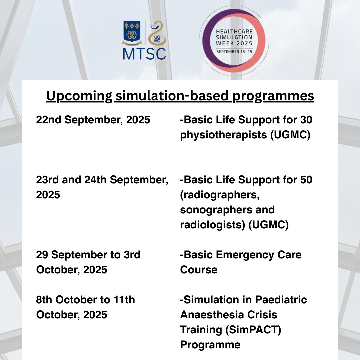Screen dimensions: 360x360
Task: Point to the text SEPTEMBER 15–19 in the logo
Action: [x=234, y=52]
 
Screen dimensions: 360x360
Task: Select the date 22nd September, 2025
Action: [x=93, y=120]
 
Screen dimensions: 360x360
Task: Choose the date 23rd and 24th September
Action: [x=102, y=180]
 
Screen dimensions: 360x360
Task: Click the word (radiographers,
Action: [x=220, y=195]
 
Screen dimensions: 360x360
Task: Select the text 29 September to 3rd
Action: [x=88, y=255]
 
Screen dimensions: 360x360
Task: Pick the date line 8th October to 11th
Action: [x=86, y=300]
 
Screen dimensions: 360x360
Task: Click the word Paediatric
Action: [x=281, y=300]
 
